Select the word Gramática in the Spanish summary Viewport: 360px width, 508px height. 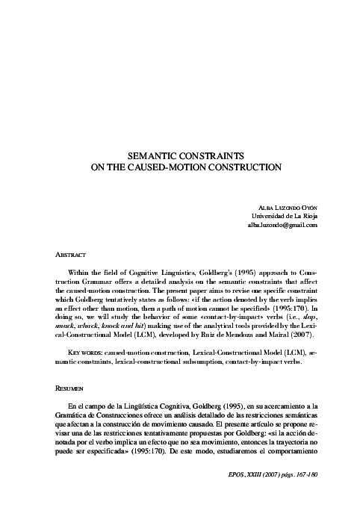(x=63, y=416)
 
